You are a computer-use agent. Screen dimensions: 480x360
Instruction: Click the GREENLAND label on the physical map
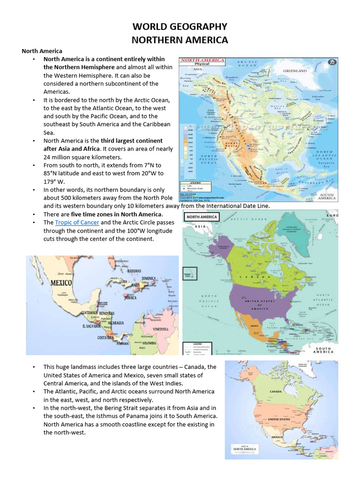pos(294,71)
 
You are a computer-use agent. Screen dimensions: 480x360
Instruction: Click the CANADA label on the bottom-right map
pos(275,390)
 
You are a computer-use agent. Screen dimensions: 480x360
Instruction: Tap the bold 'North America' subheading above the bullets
pos(42,51)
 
